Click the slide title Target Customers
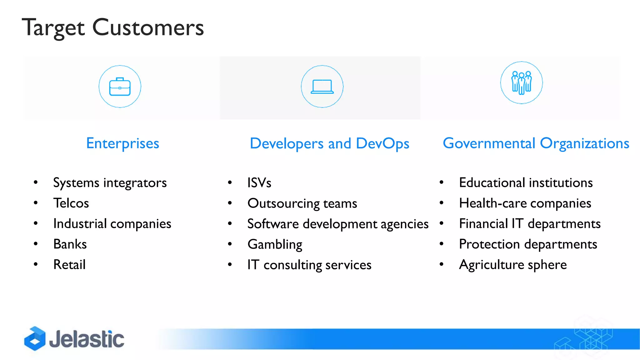click(113, 27)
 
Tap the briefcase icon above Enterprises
click(120, 87)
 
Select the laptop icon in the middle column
click(322, 87)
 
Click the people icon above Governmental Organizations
click(521, 83)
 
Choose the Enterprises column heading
click(122, 143)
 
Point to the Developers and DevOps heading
click(329, 144)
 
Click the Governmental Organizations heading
click(536, 143)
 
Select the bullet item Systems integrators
click(110, 183)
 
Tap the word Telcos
click(71, 203)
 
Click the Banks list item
click(70, 244)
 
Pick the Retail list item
click(69, 265)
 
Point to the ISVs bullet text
click(259, 183)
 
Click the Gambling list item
click(275, 244)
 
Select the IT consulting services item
click(309, 265)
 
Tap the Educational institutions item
click(526, 183)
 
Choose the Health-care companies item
click(525, 203)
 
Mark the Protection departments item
click(528, 244)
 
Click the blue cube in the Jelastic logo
click(35, 338)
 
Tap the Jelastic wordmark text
click(87, 339)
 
